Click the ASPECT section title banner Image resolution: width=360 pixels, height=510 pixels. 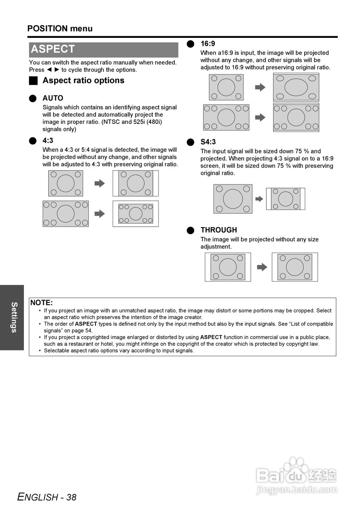[103, 49]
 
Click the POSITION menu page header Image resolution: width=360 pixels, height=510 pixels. [60, 29]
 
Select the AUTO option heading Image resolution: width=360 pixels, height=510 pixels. [53, 98]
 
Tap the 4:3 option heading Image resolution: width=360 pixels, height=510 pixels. [48, 141]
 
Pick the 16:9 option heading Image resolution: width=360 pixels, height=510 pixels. [207, 44]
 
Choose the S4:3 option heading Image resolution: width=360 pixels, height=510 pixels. [208, 142]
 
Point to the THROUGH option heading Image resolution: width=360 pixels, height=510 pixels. [219, 230]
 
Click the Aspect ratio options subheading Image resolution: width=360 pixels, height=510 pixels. [83, 80]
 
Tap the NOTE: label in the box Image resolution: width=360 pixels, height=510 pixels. [41, 303]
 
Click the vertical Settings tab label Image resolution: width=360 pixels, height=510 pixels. [14, 317]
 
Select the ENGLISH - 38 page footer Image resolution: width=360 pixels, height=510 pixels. [47, 497]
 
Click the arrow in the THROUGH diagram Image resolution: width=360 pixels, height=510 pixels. [262, 267]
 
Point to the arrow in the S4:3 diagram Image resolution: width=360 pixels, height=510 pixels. [259, 199]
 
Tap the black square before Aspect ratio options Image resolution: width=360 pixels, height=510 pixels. [33, 81]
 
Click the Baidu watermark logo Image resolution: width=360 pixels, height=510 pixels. [297, 473]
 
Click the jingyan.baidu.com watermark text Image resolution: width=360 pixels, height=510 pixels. [297, 490]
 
